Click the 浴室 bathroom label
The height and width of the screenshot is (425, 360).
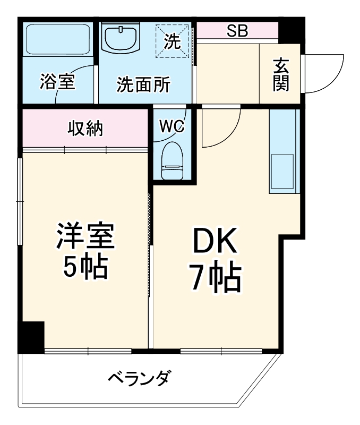pos(57,83)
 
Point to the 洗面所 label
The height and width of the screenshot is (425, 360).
pos(143,84)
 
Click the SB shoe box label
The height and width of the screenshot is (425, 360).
pos(237,31)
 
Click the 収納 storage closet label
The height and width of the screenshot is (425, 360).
pos(85,129)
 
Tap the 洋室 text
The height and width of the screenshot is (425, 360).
pos(85,237)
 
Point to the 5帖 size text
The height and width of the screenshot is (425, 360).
pos(85,267)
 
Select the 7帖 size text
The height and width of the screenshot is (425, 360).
pos(216,278)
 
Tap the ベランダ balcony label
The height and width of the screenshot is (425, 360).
pos(140,379)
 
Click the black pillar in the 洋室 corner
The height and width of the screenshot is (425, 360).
pos(31,336)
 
